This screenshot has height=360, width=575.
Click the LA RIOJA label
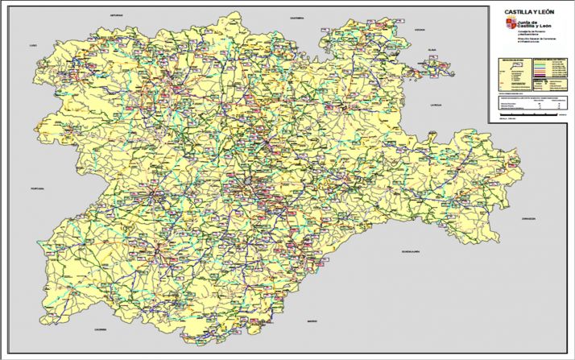(437, 105)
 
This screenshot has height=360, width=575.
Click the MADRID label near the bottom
(312, 321)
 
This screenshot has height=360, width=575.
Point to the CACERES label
(99, 329)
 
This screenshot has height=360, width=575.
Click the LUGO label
(33, 46)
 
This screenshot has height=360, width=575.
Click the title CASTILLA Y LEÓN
(529, 12)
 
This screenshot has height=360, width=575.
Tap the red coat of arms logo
(510, 26)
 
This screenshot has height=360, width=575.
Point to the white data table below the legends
(528, 103)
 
